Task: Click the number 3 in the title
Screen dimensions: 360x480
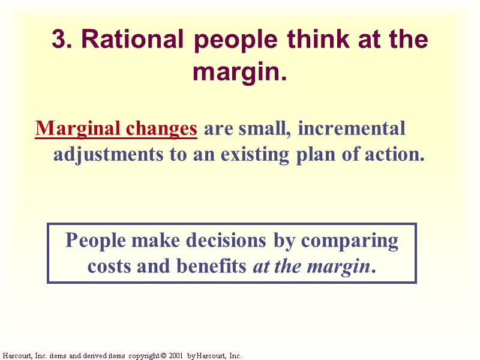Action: pos(58,40)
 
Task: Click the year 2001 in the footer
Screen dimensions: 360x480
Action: pos(176,356)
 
